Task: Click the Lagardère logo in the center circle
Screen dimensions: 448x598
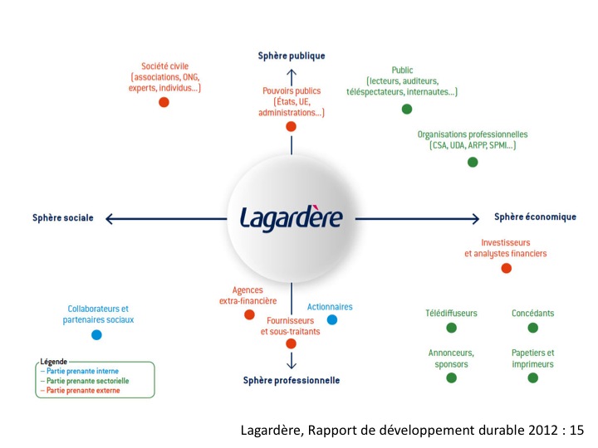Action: click(291, 217)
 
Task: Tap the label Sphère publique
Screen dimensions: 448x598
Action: click(291, 56)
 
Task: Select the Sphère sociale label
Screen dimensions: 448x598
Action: click(64, 218)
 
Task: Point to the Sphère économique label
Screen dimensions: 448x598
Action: click(535, 217)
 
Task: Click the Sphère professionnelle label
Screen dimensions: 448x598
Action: click(292, 380)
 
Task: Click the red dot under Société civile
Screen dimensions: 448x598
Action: click(164, 102)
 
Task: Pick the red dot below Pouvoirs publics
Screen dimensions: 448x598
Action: click(291, 126)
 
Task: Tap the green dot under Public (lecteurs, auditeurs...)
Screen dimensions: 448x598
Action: click(407, 109)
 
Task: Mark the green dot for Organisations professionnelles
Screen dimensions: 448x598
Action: click(473, 162)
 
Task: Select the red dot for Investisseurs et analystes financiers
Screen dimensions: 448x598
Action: click(507, 268)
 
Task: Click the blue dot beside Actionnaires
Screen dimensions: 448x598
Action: click(332, 319)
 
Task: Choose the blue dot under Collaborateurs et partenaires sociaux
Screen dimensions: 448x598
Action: click(96, 335)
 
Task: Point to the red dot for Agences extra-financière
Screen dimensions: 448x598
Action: click(249, 315)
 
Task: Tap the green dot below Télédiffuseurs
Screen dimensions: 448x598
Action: click(451, 328)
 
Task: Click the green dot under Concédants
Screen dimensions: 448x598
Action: click(532, 328)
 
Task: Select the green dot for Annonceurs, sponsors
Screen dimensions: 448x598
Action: click(451, 377)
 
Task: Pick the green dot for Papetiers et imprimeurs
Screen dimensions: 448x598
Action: click(532, 377)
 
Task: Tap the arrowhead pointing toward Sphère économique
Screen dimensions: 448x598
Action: click(475, 218)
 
